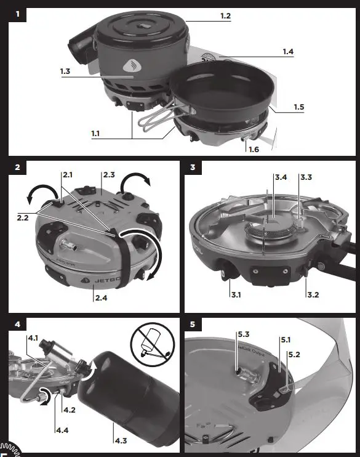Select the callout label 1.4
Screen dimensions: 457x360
(287, 52)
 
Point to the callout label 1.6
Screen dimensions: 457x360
(254, 149)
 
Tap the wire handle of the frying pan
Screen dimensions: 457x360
(152, 119)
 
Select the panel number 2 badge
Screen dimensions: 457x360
(17, 168)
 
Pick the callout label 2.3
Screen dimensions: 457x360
(109, 176)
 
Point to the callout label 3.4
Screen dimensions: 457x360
(280, 177)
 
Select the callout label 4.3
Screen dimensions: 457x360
(121, 441)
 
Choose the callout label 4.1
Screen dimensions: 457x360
(34, 338)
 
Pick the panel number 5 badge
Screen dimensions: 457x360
(193, 324)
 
